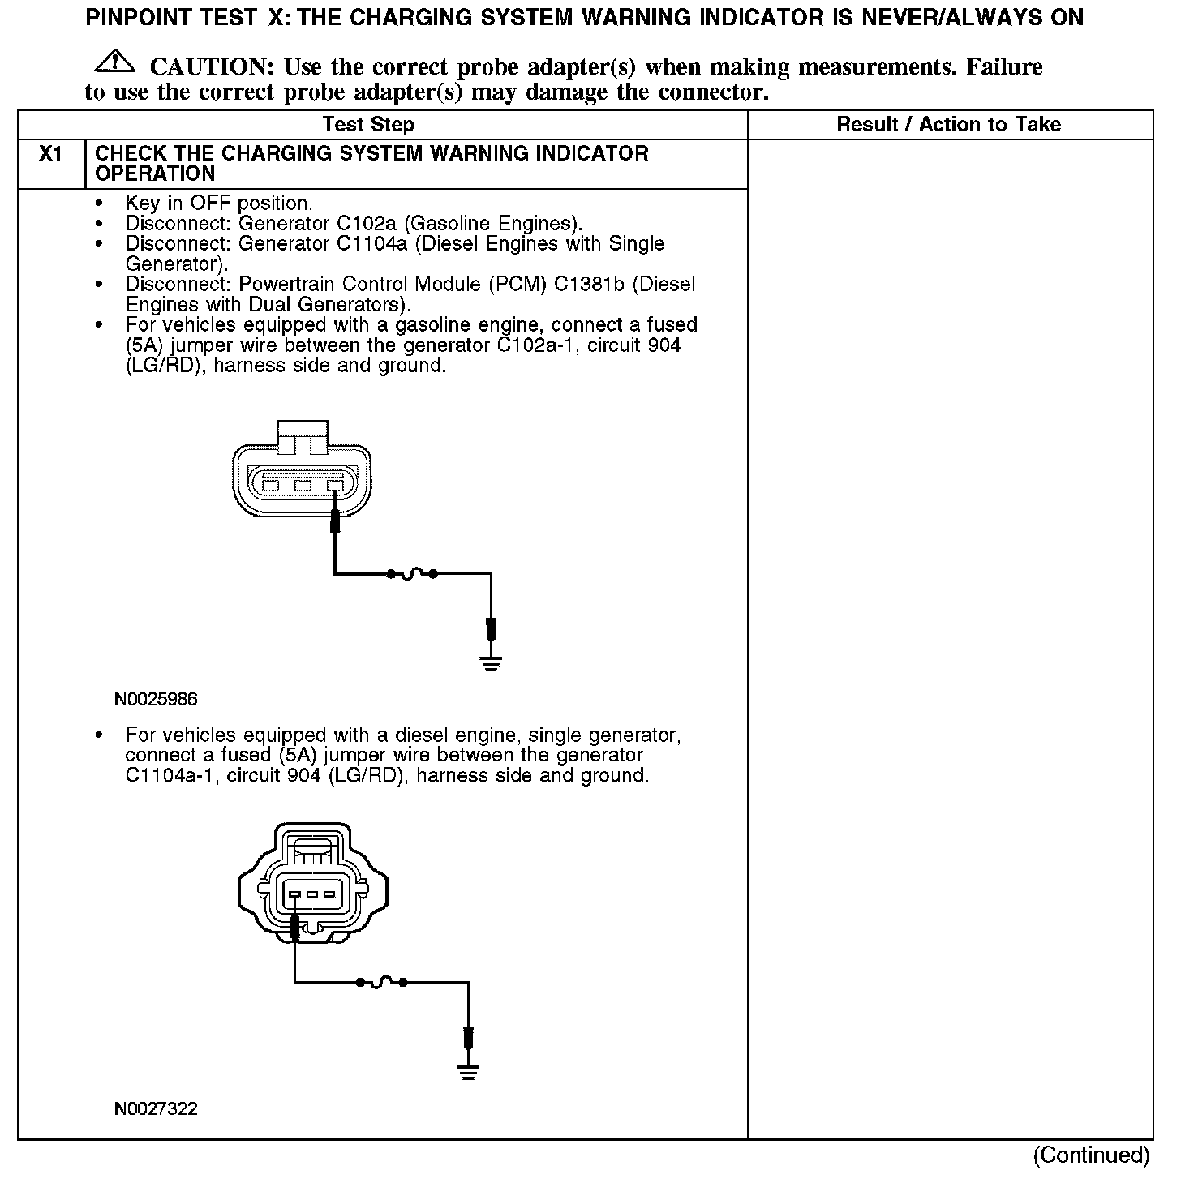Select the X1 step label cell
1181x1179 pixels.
click(51, 154)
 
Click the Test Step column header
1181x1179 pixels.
click(368, 125)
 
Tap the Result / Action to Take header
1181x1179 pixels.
click(948, 125)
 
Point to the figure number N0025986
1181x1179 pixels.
click(156, 699)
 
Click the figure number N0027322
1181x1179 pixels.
click(156, 1108)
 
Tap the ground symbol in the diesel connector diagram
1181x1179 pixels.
click(468, 1071)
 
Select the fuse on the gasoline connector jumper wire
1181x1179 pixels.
click(412, 574)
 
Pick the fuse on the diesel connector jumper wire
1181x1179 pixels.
click(381, 983)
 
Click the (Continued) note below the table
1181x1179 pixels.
click(1091, 1155)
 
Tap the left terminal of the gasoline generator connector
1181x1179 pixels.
click(271, 486)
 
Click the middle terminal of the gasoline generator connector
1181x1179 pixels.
click(303, 486)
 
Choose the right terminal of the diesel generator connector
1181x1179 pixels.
click(329, 894)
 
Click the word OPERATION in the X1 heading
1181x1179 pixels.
click(155, 174)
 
